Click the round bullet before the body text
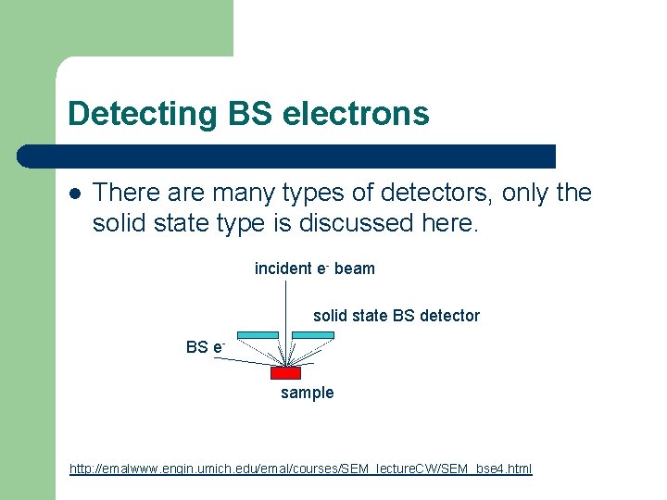pos(75,194)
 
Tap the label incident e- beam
pos(314,269)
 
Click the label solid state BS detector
pos(396,316)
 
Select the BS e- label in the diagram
pos(205,347)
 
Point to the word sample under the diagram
pos(307,393)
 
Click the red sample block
pos(285,373)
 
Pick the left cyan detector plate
pos(258,335)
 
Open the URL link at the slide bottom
pos(300,469)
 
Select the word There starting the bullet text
pos(125,193)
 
